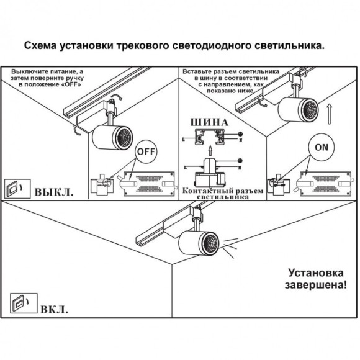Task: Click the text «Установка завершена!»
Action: point(315,279)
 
